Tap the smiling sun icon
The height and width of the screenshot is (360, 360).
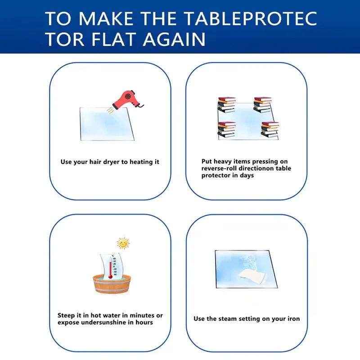[x=123, y=243]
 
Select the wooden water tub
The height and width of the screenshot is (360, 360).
[x=112, y=284]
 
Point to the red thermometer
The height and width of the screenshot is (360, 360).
[x=110, y=267]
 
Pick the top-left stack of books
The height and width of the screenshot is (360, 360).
[x=227, y=105]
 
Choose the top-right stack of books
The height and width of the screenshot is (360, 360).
[x=263, y=105]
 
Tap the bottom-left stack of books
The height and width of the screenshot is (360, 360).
[x=227, y=130]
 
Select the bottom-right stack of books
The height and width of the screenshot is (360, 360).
[x=270, y=130]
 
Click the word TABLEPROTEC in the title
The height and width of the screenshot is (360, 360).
[x=251, y=18]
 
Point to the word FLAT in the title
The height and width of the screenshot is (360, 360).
[x=113, y=39]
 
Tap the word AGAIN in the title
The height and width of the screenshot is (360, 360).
[x=174, y=39]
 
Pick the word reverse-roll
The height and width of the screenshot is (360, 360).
[x=219, y=168]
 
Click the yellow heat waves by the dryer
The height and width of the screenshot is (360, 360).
[x=110, y=110]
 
